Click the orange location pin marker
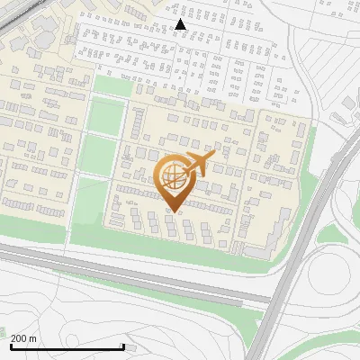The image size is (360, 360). tap(172, 180)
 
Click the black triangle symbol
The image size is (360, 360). tap(181, 24)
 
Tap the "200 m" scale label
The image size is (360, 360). tap(23, 338)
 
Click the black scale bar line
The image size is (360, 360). tap(67, 346)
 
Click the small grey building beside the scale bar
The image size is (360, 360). tap(132, 346)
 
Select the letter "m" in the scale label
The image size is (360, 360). tap(32, 338)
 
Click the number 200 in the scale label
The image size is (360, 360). tap(19, 338)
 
